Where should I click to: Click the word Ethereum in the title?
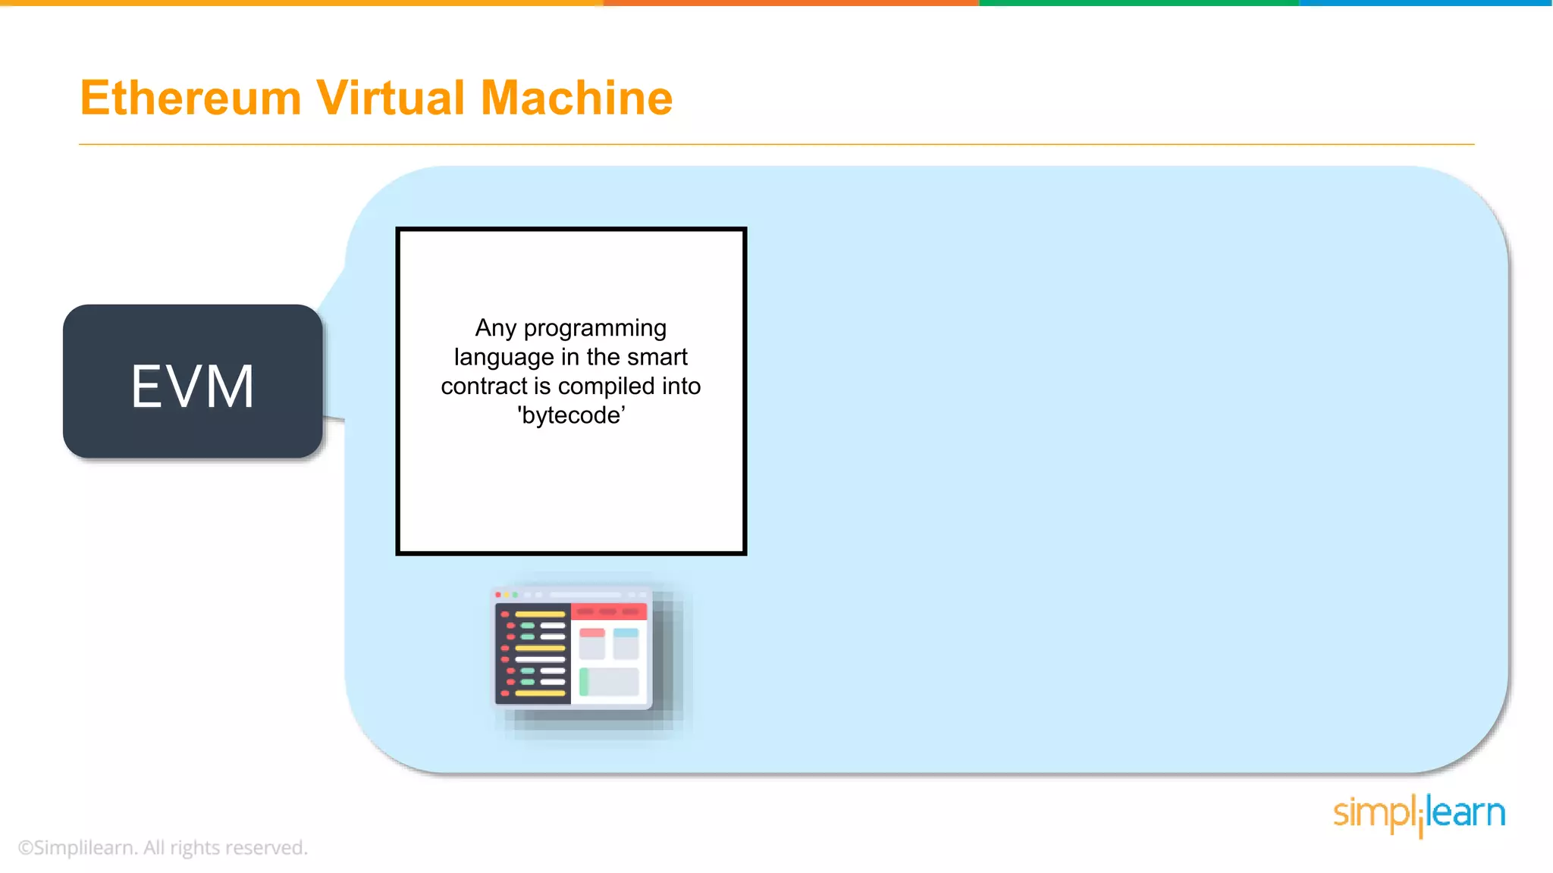[x=190, y=99]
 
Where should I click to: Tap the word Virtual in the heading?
[x=390, y=99]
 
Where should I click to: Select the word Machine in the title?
[x=576, y=99]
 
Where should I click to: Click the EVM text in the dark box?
[x=193, y=386]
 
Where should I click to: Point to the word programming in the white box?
[x=595, y=329]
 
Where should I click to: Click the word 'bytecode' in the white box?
[x=571, y=415]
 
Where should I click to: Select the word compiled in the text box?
[x=607, y=386]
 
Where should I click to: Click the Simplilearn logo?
[x=1419, y=815]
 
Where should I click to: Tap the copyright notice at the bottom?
[x=163, y=847]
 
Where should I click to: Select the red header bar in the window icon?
[x=609, y=612]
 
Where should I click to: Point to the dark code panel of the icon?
[x=533, y=653]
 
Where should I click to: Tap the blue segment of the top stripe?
[x=1426, y=3]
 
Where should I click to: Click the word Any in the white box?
[x=495, y=328]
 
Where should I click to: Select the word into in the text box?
[x=681, y=386]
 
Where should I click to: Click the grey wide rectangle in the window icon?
[x=610, y=682]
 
